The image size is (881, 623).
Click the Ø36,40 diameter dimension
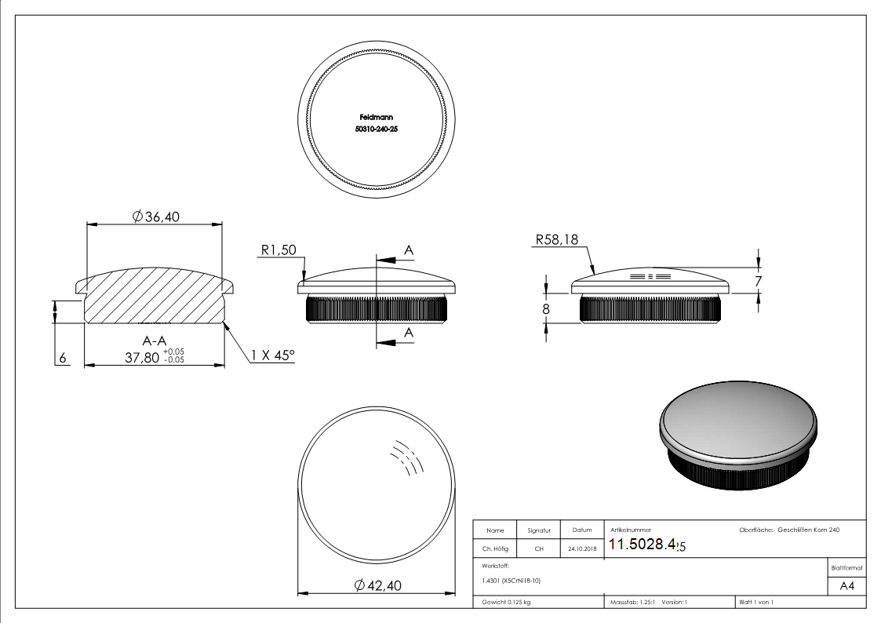coord(156,217)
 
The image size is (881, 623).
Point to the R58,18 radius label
coord(556,240)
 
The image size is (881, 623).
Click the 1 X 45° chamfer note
coord(273,356)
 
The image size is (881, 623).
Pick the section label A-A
coord(154,341)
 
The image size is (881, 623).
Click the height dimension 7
coord(759,280)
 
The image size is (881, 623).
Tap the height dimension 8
coord(547,308)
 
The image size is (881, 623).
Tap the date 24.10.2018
coord(581,549)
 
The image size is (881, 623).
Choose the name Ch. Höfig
coord(495,549)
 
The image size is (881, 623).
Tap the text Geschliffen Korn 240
coord(809,530)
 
